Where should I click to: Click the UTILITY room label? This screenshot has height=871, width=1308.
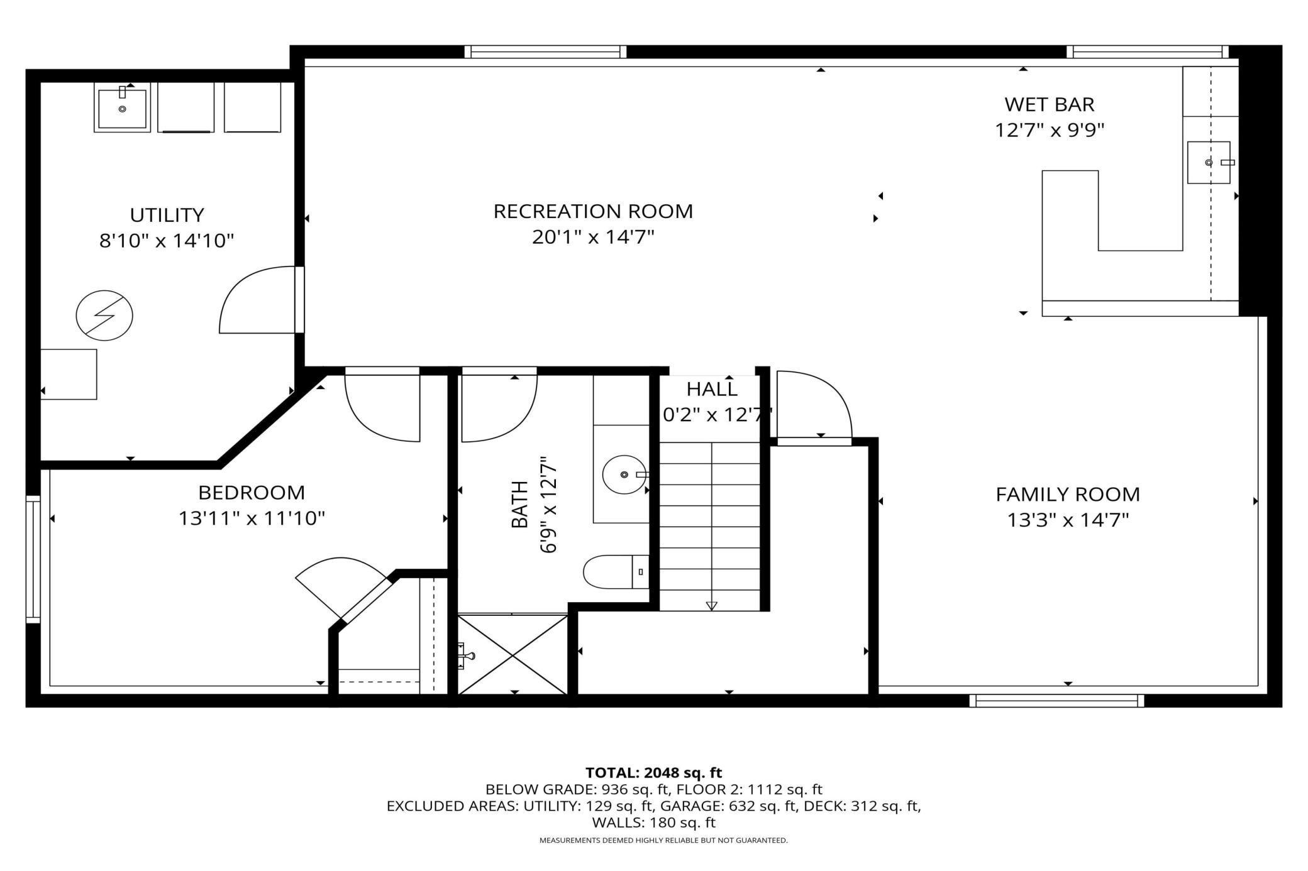pos(167,215)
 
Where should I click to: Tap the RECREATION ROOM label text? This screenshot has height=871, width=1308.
pos(593,211)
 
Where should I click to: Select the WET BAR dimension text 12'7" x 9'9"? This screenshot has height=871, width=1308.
pos(1050,130)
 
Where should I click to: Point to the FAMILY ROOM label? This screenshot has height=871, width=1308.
pos(1068,495)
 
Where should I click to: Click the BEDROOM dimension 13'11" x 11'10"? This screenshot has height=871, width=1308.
pos(252,518)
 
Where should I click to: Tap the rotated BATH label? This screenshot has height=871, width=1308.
pos(519,505)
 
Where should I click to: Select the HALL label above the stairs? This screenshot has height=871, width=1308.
pos(712,389)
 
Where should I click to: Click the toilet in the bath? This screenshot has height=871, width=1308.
pos(616,571)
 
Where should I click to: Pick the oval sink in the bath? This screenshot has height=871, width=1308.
pos(624,474)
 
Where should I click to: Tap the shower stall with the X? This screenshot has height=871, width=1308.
pos(513,655)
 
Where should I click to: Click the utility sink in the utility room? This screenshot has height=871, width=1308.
pos(122,107)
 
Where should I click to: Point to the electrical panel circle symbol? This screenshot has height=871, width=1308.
pos(104,315)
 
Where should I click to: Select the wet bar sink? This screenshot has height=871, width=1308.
pos(1209,162)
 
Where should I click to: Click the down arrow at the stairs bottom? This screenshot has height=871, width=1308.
pos(711,606)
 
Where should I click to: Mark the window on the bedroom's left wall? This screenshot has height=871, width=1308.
pos(33,559)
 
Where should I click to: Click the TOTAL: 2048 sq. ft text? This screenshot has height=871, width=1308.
pos(653,772)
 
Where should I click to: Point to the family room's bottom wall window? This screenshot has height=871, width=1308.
pos(1056,701)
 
